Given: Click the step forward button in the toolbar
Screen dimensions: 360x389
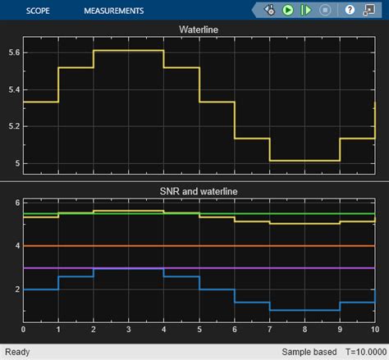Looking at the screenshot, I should tap(305, 11).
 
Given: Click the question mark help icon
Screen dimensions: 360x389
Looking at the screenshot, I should tap(350, 11).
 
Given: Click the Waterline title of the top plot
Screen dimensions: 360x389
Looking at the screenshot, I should tap(199, 30).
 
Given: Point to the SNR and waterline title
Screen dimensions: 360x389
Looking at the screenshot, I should tap(199, 191).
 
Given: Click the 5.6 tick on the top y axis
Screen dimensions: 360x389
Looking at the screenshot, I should tap(12, 52).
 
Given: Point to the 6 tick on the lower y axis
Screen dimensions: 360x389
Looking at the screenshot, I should tap(16, 203).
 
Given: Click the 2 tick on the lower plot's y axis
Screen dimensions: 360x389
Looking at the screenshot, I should tap(16, 289).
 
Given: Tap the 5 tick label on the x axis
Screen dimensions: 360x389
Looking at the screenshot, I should tap(199, 330).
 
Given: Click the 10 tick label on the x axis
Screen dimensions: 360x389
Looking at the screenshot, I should tap(373, 330).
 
